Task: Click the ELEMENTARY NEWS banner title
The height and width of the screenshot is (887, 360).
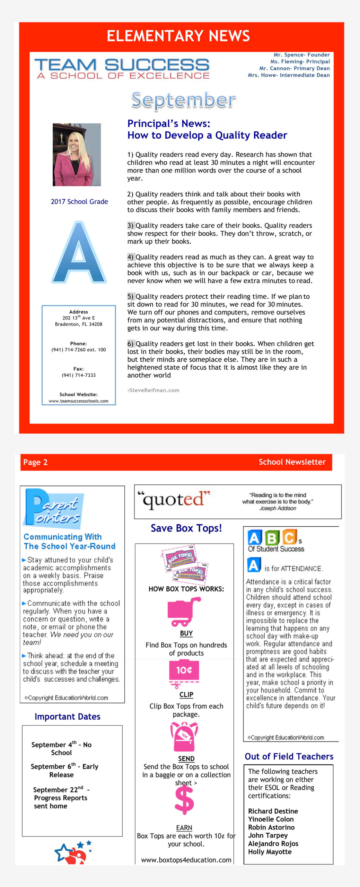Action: point(178,36)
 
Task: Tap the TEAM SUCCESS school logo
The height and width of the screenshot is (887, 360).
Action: point(122,69)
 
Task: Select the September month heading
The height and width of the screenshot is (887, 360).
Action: point(184,100)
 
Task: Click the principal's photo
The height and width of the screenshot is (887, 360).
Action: point(77,155)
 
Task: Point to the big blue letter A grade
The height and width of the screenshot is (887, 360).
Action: point(79,253)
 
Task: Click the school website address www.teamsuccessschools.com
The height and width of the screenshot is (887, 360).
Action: point(78,401)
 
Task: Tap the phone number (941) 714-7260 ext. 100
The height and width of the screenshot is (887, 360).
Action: point(79,350)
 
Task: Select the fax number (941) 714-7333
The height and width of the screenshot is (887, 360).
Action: point(79,375)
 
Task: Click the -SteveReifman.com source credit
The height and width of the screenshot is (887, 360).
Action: point(153,390)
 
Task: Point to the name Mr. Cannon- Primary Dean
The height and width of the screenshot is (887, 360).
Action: point(294,68)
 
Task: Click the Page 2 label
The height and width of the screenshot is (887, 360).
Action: point(35,462)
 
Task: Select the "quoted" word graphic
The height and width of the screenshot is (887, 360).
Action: point(174,500)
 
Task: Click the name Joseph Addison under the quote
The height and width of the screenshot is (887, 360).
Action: point(278,508)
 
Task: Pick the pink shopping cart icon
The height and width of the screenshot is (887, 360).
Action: point(184,612)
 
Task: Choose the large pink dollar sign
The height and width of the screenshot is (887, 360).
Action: point(184,799)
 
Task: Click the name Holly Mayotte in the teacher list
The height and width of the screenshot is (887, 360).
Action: point(270,851)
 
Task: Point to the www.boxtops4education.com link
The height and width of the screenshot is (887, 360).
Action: point(186,860)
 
